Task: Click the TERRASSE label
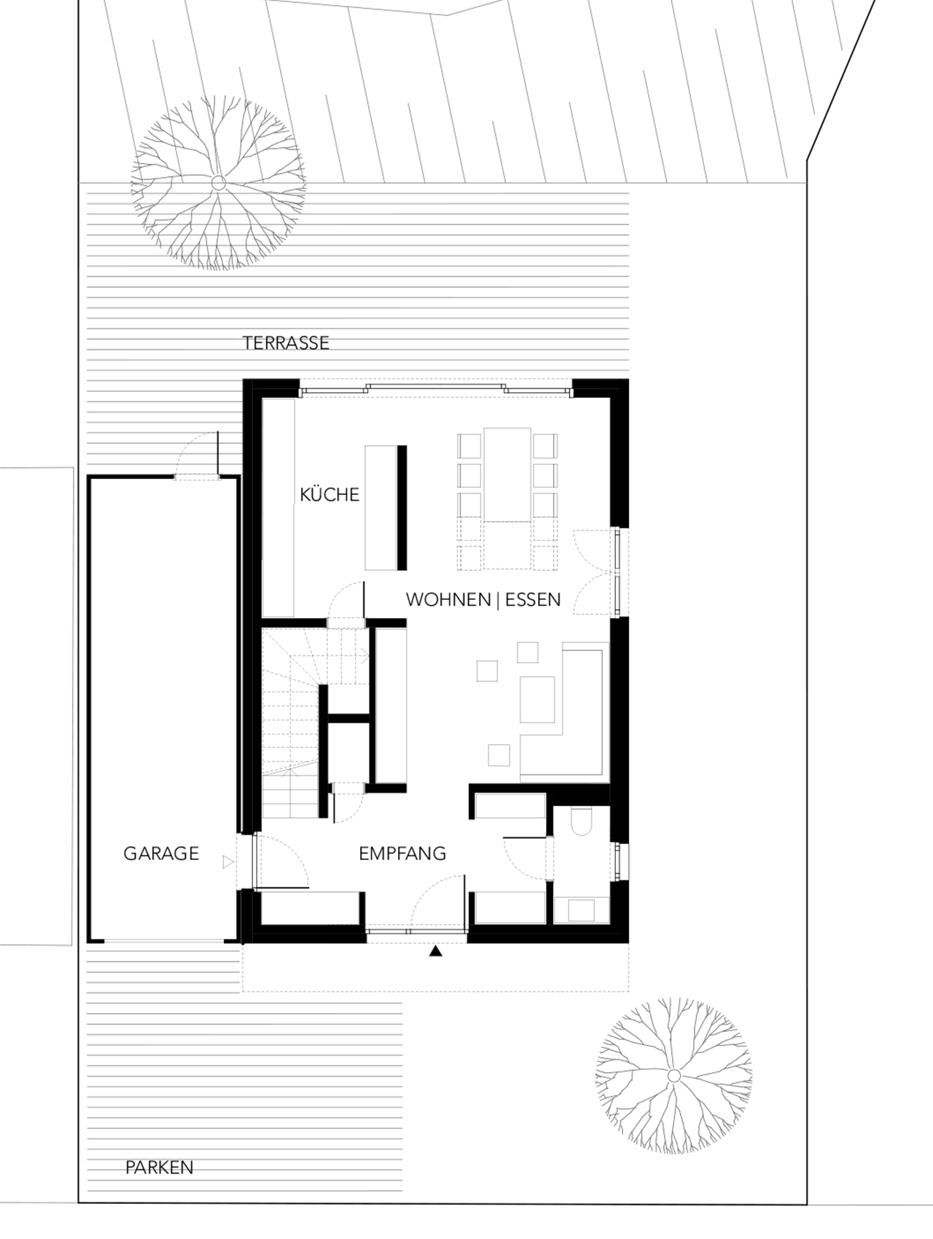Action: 286,343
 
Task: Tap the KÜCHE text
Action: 329,495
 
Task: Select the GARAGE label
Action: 161,853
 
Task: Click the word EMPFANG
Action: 402,853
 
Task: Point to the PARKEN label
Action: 159,1168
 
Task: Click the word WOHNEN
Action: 448,600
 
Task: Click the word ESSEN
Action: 533,600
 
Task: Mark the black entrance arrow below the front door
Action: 436,950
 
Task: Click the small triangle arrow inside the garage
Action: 228,862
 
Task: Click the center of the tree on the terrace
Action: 217,182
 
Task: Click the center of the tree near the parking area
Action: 674,1076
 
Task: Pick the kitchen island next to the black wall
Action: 380,507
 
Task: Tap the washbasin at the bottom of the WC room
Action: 582,910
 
